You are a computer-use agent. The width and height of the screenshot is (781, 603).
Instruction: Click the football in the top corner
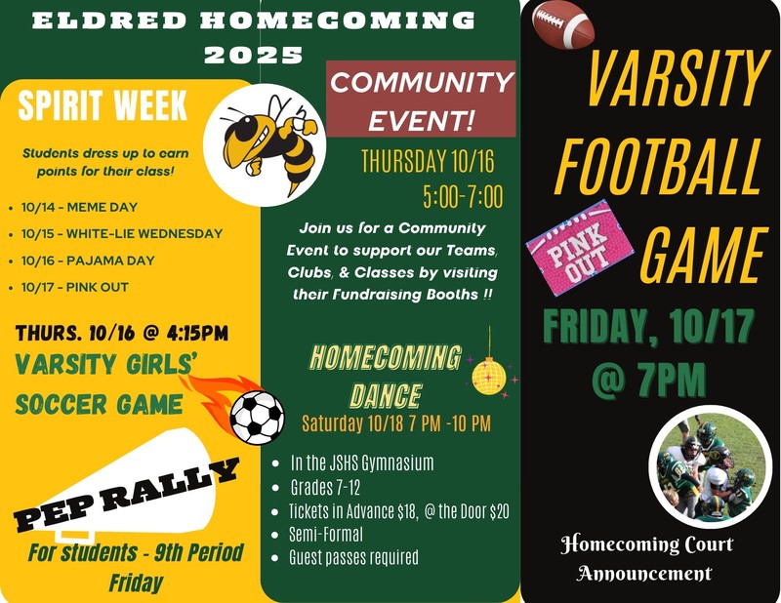563,25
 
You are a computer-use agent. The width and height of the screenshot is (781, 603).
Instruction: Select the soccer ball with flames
257,415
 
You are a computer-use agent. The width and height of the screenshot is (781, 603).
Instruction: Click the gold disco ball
488,374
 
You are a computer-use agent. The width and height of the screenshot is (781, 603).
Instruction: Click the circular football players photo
706,466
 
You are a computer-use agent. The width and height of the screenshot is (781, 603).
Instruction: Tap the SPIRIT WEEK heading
103,106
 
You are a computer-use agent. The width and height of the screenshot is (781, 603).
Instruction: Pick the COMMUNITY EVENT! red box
421,101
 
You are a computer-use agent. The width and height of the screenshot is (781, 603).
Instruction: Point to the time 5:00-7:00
463,198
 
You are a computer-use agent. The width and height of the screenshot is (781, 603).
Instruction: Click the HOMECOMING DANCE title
385,376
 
